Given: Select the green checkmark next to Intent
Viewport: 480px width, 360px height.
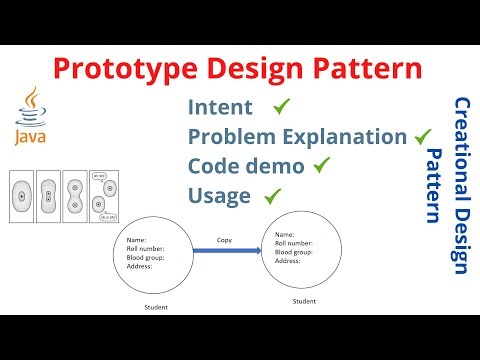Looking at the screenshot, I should [281, 105].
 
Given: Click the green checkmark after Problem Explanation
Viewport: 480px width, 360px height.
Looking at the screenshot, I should [422, 134].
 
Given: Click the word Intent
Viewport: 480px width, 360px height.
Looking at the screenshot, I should [220, 106].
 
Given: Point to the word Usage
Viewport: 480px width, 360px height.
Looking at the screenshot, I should [219, 195].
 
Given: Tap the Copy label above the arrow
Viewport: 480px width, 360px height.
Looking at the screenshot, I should [225, 240].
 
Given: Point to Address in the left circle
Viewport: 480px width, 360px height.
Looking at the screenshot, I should [139, 266].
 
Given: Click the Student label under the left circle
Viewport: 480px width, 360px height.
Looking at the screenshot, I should [155, 307].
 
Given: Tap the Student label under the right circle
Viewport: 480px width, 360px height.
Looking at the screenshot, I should [305, 300].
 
